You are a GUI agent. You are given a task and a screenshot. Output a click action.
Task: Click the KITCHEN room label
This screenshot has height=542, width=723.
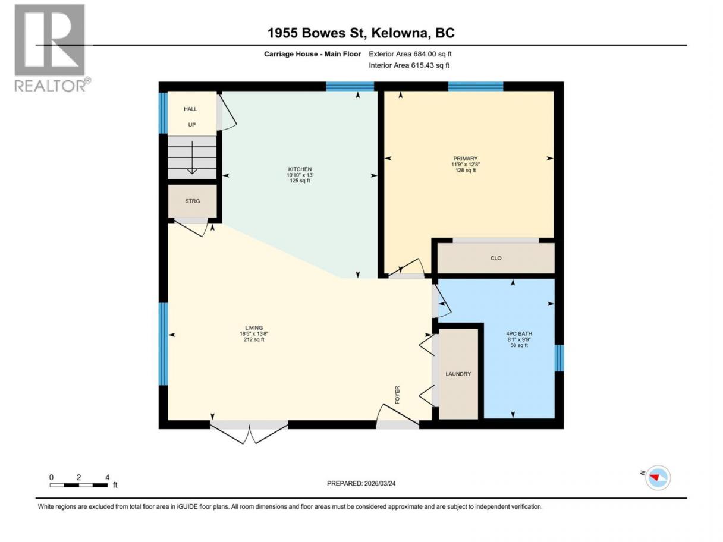300,169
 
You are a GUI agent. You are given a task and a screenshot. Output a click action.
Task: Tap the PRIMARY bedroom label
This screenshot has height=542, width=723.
465,159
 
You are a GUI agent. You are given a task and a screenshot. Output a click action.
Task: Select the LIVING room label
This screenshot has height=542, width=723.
254,328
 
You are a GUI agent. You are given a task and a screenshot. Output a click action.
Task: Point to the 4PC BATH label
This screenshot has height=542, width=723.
519,333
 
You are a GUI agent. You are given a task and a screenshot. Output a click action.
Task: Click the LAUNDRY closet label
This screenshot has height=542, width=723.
458,374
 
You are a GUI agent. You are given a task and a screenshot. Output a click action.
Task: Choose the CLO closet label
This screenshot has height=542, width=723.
496,258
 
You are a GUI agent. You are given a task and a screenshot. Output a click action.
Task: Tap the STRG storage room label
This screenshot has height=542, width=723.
193,201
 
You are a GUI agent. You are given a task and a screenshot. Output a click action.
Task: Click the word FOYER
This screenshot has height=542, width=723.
397,395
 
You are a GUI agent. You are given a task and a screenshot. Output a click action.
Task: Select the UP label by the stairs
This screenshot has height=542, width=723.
191,125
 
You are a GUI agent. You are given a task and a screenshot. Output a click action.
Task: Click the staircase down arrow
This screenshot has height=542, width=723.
192,157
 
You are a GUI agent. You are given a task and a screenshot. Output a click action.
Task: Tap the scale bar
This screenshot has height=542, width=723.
78,485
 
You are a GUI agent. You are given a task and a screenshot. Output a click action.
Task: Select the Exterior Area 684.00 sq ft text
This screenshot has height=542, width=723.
410,54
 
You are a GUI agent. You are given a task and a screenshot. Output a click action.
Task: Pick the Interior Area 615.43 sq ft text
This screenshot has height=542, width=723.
408,65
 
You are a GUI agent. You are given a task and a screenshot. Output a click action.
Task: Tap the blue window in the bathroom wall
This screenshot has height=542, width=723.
559,358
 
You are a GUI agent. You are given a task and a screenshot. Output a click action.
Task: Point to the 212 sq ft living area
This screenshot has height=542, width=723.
254,339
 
